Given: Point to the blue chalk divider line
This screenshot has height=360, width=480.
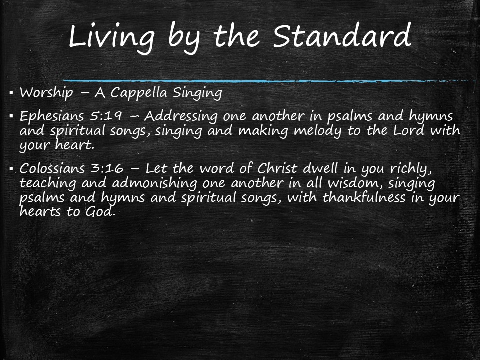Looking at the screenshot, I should (x=265, y=80).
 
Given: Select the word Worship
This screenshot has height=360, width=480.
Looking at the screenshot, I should (x=43, y=93).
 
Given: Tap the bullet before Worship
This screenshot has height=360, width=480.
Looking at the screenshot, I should (x=11, y=93).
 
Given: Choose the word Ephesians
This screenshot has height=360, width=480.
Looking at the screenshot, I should (x=51, y=117).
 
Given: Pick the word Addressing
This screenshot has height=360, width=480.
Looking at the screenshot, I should (x=181, y=117).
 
